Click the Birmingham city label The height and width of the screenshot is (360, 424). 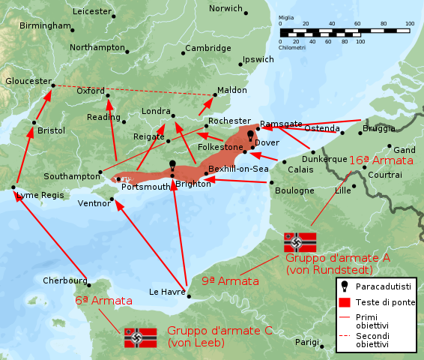coord(45,25)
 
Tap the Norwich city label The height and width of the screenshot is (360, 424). coord(225,9)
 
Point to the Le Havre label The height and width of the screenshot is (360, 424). coord(166,292)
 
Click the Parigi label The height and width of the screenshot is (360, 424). coord(306,341)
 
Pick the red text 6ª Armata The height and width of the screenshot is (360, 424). coord(103,301)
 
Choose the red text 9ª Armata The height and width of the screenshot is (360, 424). coord(230,281)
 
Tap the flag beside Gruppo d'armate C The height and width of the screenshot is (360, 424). coord(140,337)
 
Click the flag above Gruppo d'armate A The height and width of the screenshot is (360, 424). coord(300,242)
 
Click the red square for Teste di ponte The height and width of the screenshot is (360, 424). coord(345,302)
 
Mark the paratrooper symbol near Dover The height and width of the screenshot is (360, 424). coord(251,136)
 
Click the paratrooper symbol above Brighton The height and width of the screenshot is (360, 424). coord(172,165)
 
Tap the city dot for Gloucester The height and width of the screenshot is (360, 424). coord(53,85)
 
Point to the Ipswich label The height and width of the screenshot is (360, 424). coord(258,59)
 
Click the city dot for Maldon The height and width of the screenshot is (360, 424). coord(214,95)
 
